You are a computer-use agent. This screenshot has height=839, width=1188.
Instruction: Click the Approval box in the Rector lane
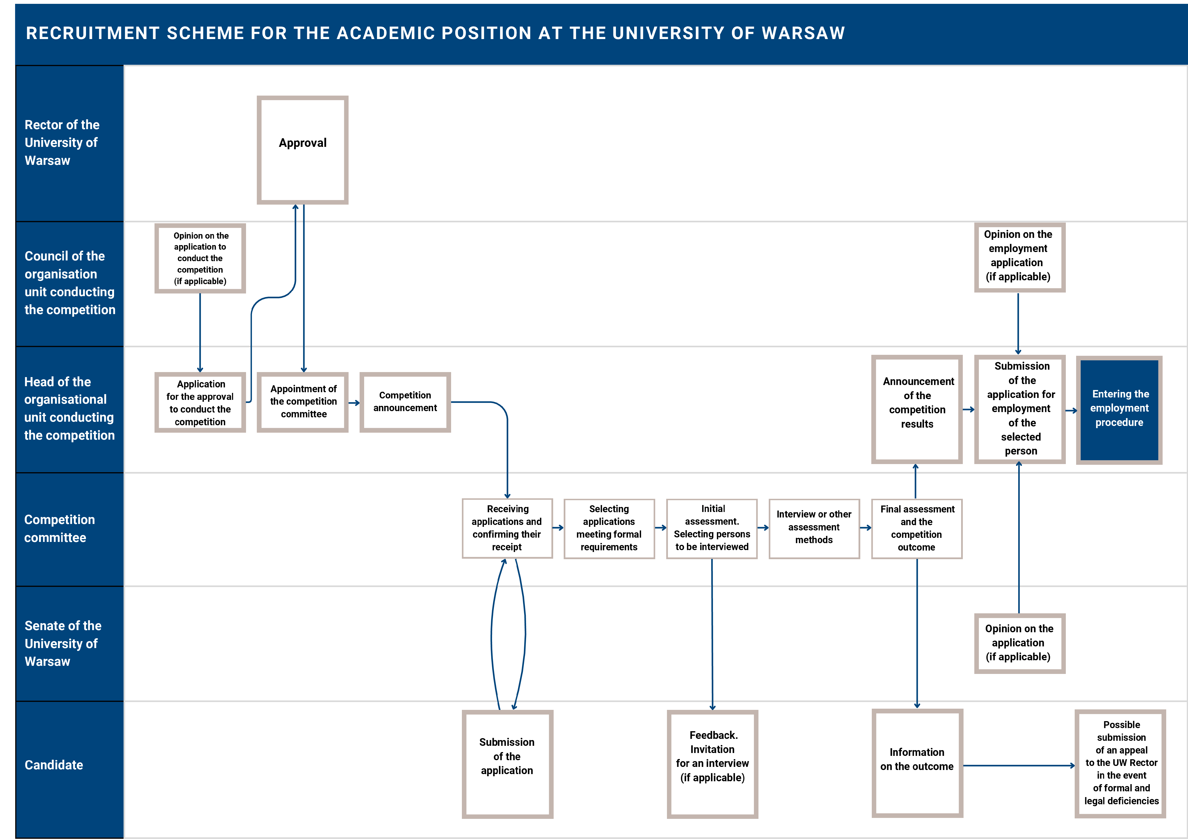coord(303,150)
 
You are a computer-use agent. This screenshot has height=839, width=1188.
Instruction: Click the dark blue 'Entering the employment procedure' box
coord(1119,410)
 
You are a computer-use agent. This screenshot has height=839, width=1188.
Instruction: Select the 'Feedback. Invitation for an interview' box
coord(712,764)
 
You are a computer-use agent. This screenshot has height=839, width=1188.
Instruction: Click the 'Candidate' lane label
coord(54,765)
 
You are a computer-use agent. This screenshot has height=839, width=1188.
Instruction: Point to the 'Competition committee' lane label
coord(59,529)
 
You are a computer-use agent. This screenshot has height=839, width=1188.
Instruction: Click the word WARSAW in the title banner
coord(803,33)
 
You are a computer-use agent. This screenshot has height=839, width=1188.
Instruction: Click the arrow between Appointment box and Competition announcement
coord(354,403)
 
